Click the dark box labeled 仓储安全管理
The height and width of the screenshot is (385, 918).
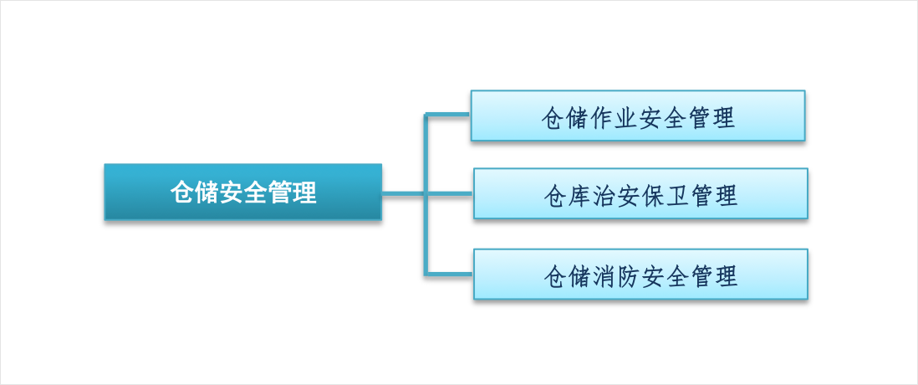click(x=243, y=192)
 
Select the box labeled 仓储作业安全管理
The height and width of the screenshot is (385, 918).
click(x=638, y=116)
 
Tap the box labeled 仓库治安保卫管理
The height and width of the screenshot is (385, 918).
click(x=640, y=193)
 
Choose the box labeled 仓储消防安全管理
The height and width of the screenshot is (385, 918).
click(x=640, y=275)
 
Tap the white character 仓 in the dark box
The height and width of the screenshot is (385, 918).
click(x=182, y=192)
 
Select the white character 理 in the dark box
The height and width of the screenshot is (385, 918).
click(x=304, y=192)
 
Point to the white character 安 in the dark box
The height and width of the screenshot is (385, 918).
click(x=232, y=192)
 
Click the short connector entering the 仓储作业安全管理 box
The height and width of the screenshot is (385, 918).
click(x=448, y=115)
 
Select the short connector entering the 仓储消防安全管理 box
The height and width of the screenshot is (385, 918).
click(x=449, y=274)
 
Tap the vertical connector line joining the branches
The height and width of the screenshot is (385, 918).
click(x=426, y=194)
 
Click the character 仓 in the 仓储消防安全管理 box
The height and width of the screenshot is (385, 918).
click(x=555, y=276)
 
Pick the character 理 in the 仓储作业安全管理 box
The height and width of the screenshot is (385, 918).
click(x=724, y=118)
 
